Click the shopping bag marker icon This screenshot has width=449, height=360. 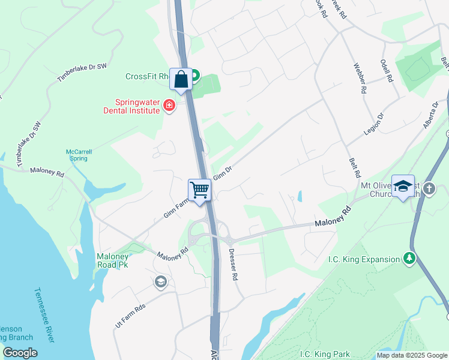coord(181,79)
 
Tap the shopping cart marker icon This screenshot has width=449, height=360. coord(200,190)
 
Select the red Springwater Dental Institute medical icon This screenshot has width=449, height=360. coord(169,107)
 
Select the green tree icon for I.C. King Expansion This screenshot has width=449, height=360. coord(409,259)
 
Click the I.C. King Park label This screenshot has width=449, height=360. coord(325,354)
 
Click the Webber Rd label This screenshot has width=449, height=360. coord(360,79)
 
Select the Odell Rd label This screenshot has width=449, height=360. coord(388,71)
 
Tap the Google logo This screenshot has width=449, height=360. coord(20,353)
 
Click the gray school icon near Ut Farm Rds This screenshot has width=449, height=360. coord(160,281)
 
